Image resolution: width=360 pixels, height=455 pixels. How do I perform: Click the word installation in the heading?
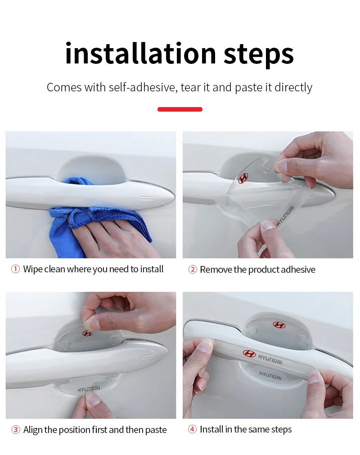click(x=141, y=54)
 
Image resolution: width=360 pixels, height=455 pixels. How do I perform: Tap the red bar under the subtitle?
click(x=180, y=109)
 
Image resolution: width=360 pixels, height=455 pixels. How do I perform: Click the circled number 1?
click(x=15, y=269)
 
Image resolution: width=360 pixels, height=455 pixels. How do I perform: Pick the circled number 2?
click(x=193, y=270)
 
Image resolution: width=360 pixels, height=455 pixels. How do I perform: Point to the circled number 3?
click(x=16, y=429)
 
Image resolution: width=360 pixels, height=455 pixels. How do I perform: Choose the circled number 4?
click(x=192, y=429)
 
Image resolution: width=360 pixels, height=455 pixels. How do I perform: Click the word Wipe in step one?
click(x=33, y=269)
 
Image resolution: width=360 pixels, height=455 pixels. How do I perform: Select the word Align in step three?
click(x=33, y=430)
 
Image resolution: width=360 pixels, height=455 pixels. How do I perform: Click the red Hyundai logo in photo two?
click(x=243, y=178)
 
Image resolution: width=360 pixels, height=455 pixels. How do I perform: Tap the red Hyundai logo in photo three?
click(x=88, y=333)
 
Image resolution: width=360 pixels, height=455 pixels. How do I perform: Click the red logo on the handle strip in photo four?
click(x=249, y=353)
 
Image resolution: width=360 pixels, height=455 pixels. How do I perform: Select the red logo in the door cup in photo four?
click(x=279, y=324)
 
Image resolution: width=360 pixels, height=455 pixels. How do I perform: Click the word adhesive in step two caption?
click(x=298, y=270)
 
